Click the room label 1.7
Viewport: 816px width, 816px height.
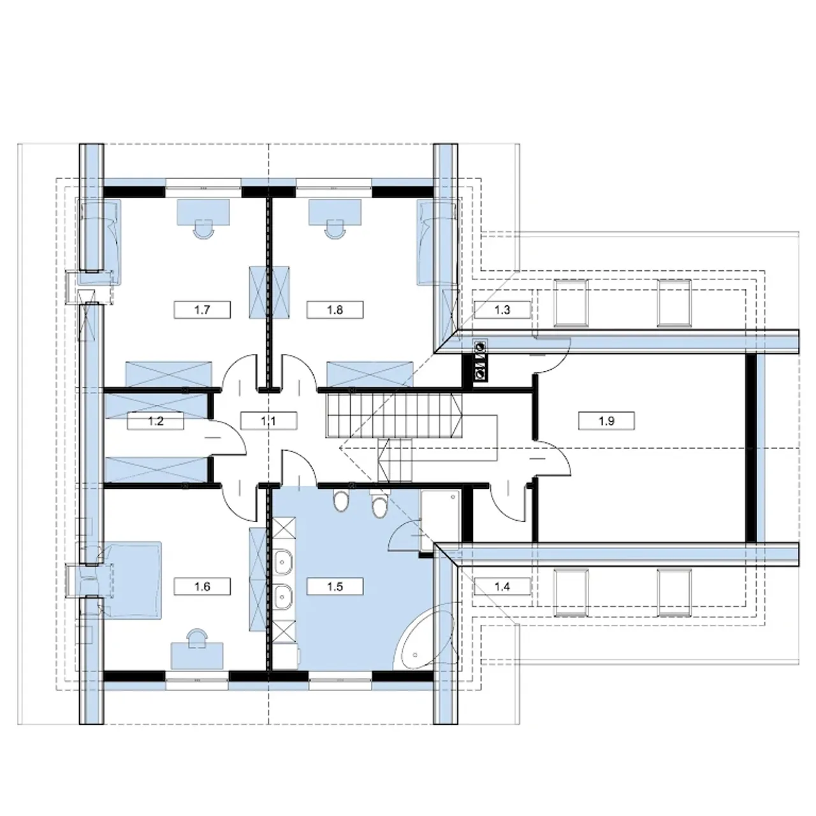[x=202, y=310]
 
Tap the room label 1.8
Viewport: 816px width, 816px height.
[x=335, y=310]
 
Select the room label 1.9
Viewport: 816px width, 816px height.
[x=606, y=421]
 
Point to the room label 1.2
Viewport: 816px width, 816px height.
[x=156, y=421]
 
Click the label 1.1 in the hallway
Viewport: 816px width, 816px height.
[x=268, y=421]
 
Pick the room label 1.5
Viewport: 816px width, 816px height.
[x=335, y=586]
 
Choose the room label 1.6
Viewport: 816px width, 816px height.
[x=202, y=586]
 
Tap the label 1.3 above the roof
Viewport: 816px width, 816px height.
[x=502, y=310]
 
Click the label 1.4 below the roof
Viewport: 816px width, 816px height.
[x=502, y=586]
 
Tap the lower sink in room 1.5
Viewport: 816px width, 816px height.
[x=282, y=597]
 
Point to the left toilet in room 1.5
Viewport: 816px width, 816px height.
[x=340, y=501]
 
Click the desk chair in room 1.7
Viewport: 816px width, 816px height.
[x=204, y=229]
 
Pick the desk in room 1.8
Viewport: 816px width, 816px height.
[x=335, y=212]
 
